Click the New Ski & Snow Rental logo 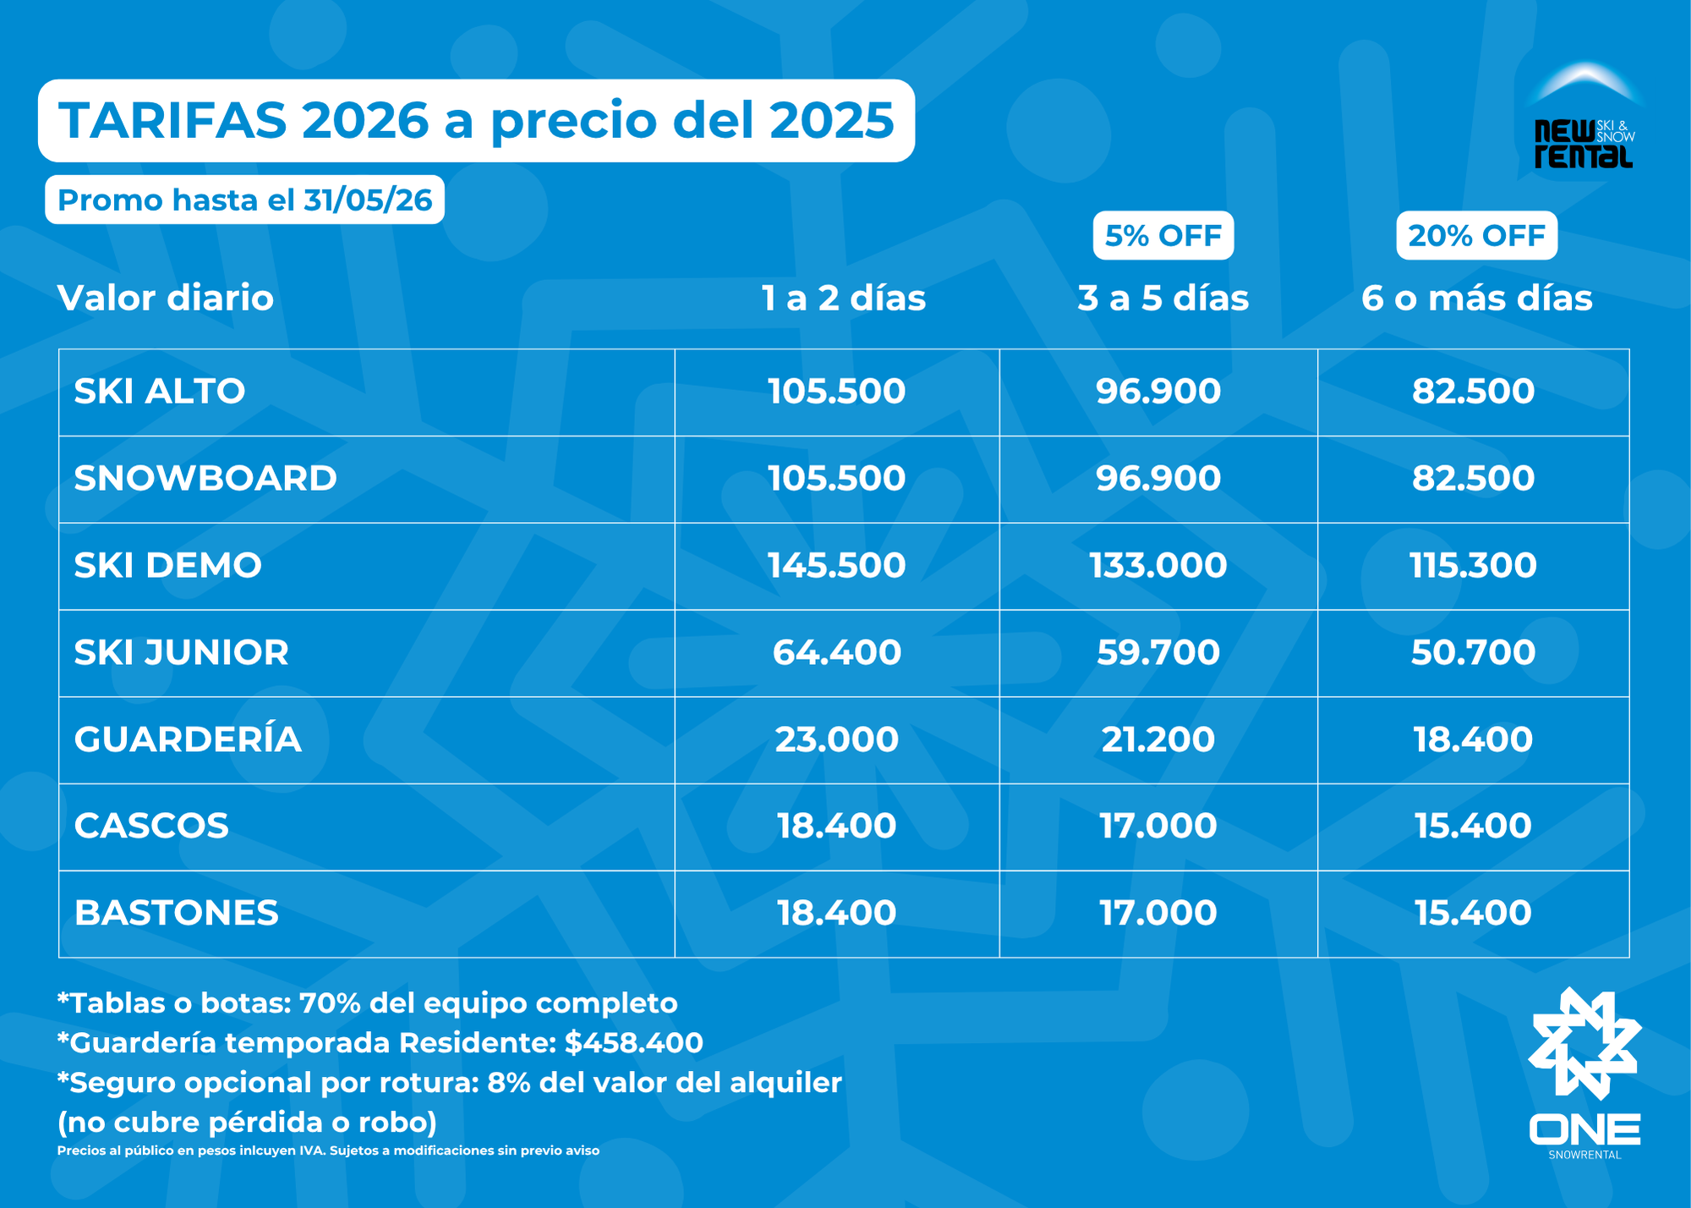point(1584,118)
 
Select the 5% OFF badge point(1163,235)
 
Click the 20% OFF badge point(1476,235)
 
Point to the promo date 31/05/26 point(368,200)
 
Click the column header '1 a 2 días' point(843,298)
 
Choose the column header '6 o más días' point(1476,298)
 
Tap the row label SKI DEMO point(168,565)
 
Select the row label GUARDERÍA point(188,739)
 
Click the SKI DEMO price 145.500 point(836,565)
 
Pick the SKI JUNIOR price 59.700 point(1158,652)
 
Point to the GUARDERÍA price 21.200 point(1158,739)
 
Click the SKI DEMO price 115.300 point(1473,565)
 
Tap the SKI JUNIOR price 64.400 point(836,652)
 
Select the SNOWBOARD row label point(205,478)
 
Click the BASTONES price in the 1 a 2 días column point(836,913)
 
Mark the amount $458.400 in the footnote point(634,1042)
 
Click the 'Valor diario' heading point(166,298)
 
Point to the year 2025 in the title point(831,120)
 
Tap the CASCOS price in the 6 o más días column point(1473,826)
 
